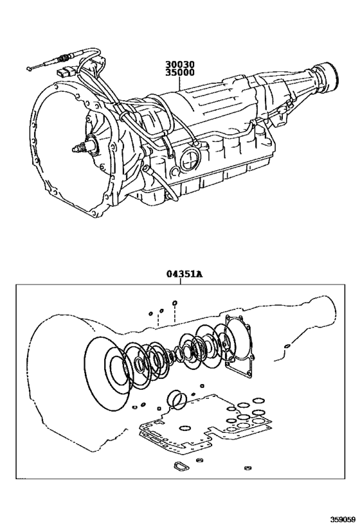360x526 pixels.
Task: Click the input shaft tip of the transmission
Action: [x=78, y=150]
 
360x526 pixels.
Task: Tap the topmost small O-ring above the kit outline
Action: [x=175, y=301]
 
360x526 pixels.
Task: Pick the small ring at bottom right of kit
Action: [x=247, y=468]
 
